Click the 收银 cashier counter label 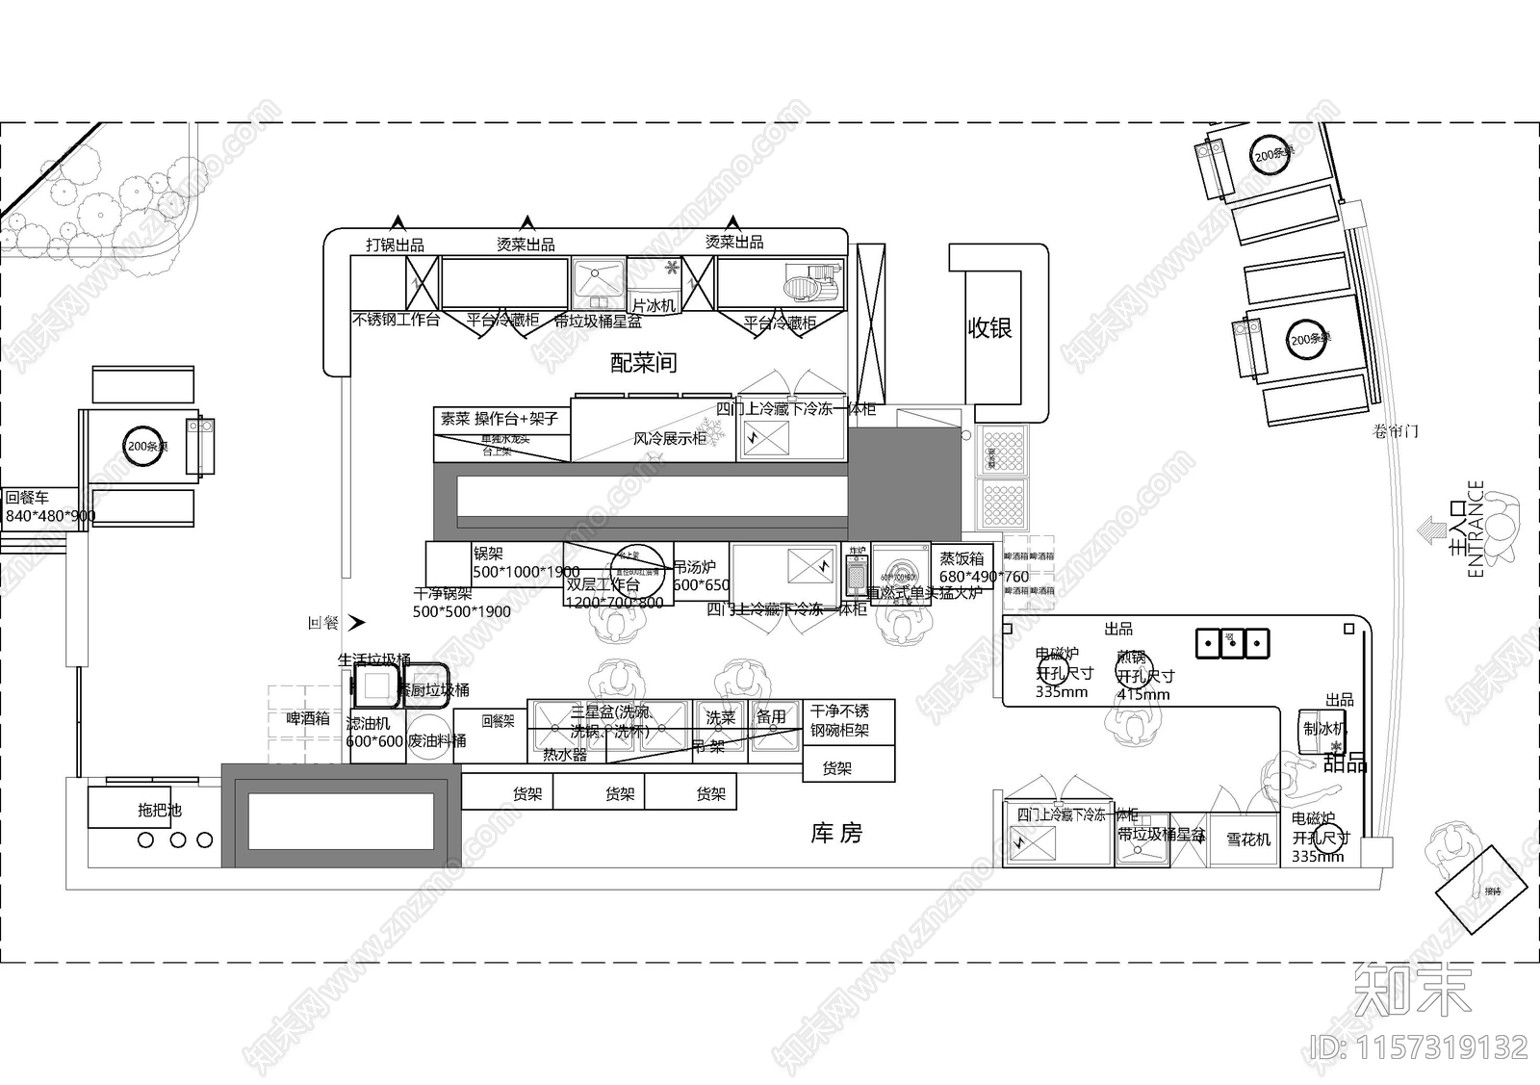click(989, 328)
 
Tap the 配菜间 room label click(643, 362)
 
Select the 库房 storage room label click(836, 833)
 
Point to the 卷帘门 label click(1395, 431)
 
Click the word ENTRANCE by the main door click(1476, 529)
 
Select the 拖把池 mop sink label click(159, 810)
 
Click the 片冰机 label click(654, 305)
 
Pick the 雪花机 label click(1247, 840)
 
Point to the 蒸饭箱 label click(962, 558)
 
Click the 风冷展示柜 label click(669, 438)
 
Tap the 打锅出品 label click(395, 245)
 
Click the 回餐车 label click(27, 498)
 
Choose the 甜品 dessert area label click(1345, 763)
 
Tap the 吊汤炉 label click(694, 567)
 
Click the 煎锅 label click(1131, 658)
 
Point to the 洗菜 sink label click(720, 717)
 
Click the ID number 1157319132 click(1420, 1046)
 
